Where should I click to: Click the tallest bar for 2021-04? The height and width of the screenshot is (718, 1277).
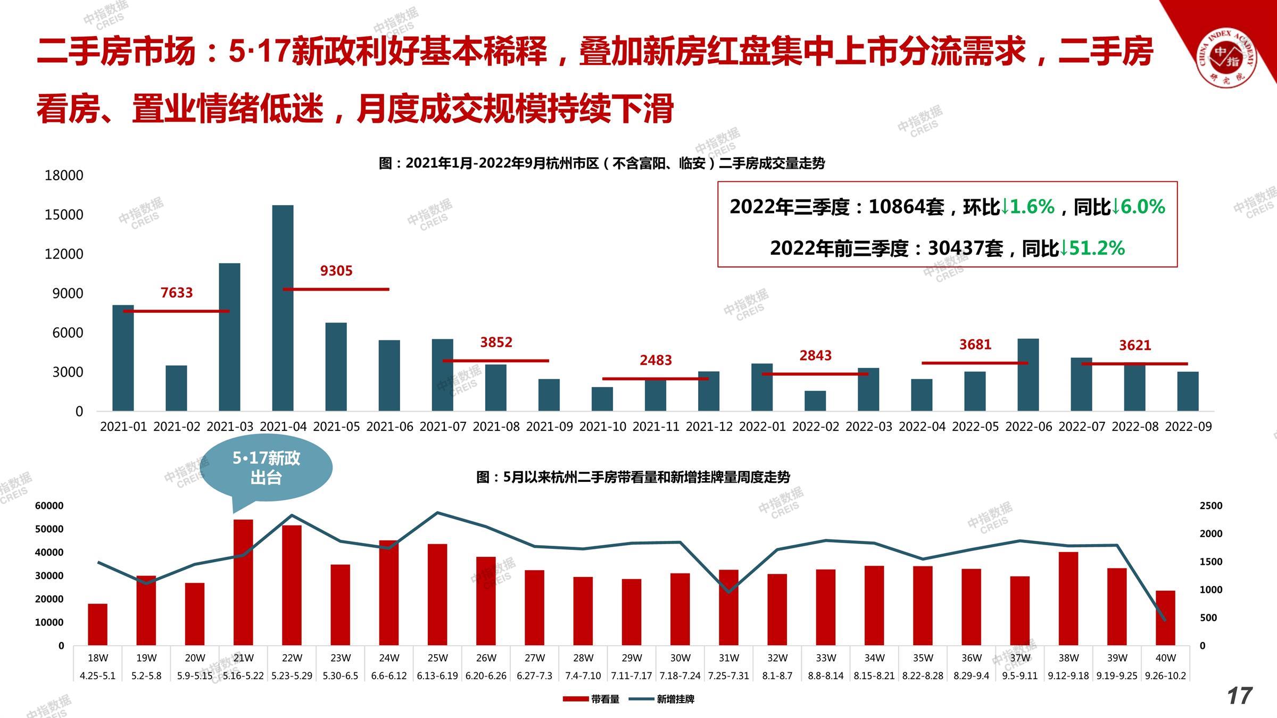pos(283,308)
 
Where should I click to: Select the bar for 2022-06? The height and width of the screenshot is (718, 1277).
pos(1028,375)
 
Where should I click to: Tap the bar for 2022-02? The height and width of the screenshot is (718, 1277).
pos(815,401)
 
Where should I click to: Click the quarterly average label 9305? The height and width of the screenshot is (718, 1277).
pos(336,271)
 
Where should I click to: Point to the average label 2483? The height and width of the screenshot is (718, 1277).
pos(656,361)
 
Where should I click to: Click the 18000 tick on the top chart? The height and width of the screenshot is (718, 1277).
pos(64,176)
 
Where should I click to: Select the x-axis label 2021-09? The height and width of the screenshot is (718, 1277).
pos(549,427)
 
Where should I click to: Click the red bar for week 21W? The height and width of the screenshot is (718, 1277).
pos(243,582)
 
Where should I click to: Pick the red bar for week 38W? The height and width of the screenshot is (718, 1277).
pos(1068,598)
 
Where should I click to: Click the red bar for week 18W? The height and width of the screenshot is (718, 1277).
pos(97,624)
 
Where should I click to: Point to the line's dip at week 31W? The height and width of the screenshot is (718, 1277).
pos(729,592)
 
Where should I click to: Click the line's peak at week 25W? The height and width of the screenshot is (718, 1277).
pos(437,513)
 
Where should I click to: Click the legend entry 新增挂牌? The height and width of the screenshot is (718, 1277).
pos(662,699)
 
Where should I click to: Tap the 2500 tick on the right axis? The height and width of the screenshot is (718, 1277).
pos(1210,506)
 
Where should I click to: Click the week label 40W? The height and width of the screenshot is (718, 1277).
pos(1165,658)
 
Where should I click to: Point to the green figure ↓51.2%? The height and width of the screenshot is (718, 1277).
pos(1092,248)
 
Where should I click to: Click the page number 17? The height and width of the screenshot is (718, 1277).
pos(1239,696)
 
